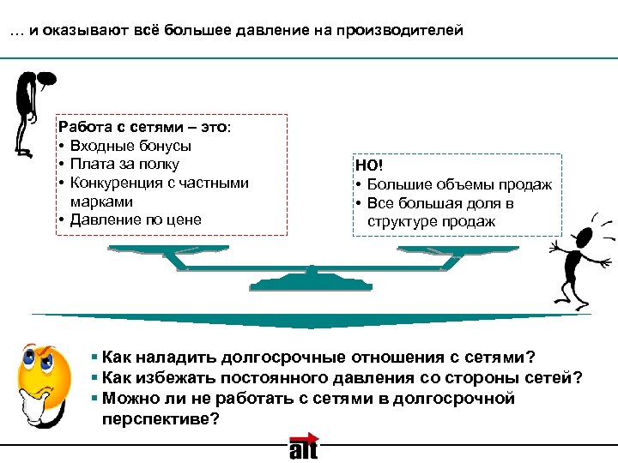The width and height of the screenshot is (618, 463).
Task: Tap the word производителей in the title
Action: [403, 31]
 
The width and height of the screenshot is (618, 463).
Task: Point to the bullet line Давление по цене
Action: [136, 219]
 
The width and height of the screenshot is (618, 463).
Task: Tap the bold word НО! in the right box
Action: [368, 165]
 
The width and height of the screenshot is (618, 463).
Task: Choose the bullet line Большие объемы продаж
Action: [459, 184]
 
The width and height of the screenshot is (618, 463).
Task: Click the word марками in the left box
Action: [101, 201]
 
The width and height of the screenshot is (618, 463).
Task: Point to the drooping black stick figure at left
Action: [30, 111]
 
